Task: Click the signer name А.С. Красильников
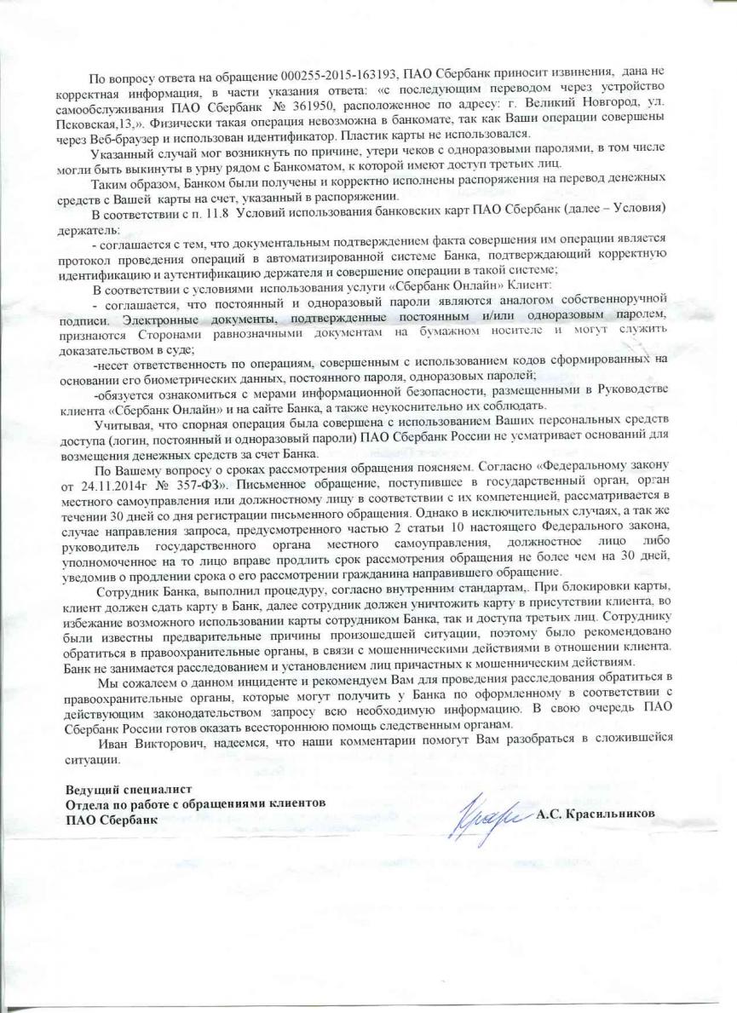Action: pos(596,813)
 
